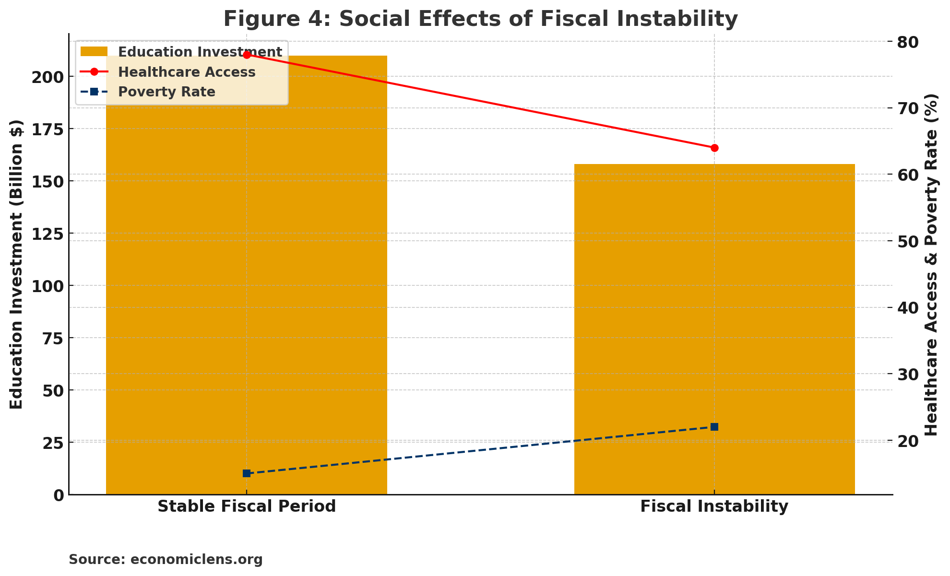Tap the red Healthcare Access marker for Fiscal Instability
[714, 148]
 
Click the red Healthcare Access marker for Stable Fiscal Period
[247, 55]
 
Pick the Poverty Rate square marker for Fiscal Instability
[714, 427]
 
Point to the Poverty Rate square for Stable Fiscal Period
[247, 473]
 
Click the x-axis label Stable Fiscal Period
[247, 506]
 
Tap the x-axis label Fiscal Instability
[714, 506]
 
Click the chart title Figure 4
[480, 19]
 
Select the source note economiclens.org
[166, 560]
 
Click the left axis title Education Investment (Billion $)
[16, 264]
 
